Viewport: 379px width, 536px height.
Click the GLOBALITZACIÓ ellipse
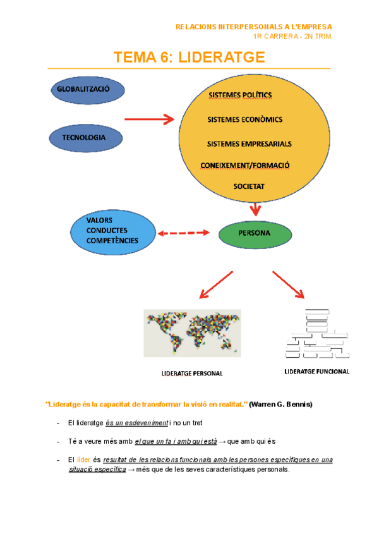[83, 90]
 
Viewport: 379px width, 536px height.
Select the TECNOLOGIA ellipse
[83, 138]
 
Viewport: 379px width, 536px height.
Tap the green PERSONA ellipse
[255, 234]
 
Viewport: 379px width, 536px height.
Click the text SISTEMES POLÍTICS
[240, 95]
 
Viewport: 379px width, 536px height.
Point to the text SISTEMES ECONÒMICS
[244, 119]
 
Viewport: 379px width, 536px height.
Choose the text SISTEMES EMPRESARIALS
[249, 143]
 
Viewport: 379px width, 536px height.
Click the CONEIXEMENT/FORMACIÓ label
[244, 166]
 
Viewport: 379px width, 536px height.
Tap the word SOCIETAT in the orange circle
[249, 187]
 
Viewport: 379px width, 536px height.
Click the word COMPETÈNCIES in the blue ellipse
[112, 241]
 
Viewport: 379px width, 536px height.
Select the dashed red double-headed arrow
[184, 234]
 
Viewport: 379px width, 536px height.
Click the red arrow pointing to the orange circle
[149, 119]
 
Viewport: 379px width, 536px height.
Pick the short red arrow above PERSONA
[255, 209]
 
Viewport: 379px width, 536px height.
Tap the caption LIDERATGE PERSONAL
[193, 374]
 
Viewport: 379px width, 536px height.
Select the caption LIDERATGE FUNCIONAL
[317, 372]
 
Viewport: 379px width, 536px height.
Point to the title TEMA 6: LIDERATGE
[189, 58]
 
